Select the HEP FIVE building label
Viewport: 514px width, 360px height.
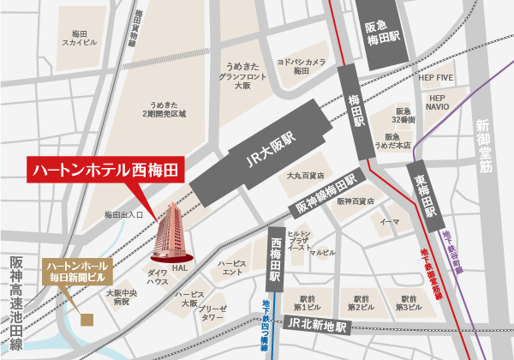pyautogui.click(x=435, y=77)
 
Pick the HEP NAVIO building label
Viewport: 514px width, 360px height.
pyautogui.click(x=437, y=104)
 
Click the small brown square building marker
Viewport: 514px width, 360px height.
pyautogui.click(x=86, y=321)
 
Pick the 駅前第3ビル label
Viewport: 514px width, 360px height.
pyautogui.click(x=408, y=301)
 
